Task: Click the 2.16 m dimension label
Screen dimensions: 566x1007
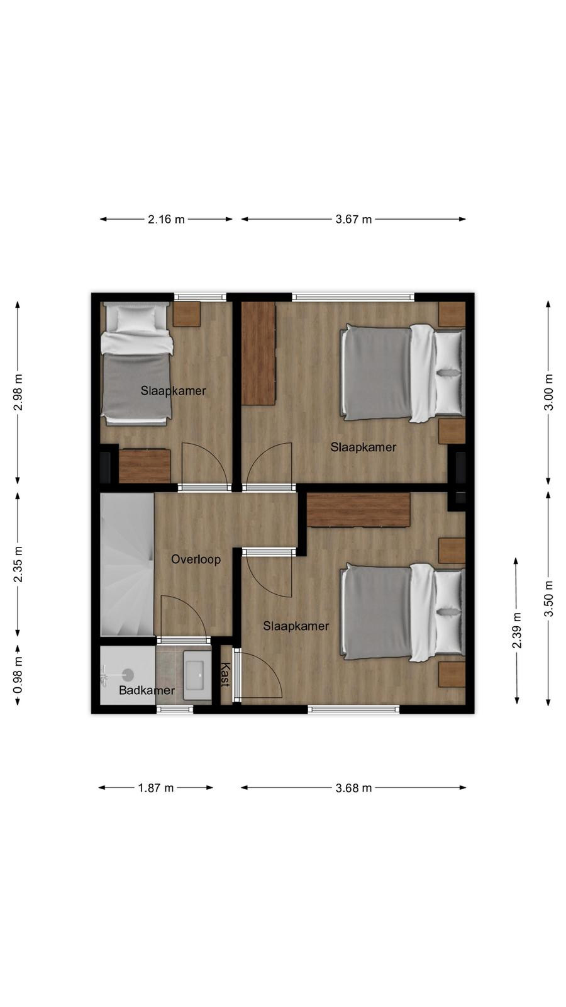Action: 166,220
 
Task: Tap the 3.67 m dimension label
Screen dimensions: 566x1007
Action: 353,220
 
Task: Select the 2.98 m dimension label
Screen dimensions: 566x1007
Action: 18,393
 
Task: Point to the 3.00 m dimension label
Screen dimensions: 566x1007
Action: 548,392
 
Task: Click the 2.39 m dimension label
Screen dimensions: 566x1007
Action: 517,630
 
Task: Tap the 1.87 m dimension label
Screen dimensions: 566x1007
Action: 155,787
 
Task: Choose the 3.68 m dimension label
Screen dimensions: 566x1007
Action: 353,787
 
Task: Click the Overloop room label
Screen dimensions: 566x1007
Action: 196,560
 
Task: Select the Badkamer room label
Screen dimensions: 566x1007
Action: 147,690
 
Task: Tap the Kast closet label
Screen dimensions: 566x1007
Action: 225,674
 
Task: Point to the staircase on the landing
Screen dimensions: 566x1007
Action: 127,564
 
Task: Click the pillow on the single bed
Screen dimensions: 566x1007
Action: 136,318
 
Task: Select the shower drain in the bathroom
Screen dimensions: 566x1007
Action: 128,674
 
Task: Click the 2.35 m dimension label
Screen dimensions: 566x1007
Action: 18,564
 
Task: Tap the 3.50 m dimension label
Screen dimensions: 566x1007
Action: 548,599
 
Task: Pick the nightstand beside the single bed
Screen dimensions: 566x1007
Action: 187,314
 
